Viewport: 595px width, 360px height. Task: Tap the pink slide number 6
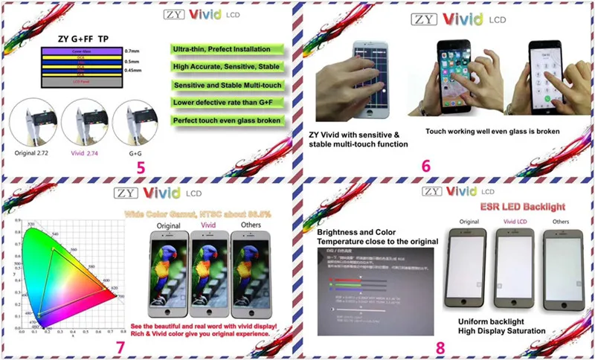426,165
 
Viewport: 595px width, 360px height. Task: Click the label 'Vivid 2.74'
81,152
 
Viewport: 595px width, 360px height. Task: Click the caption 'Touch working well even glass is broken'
492,132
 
